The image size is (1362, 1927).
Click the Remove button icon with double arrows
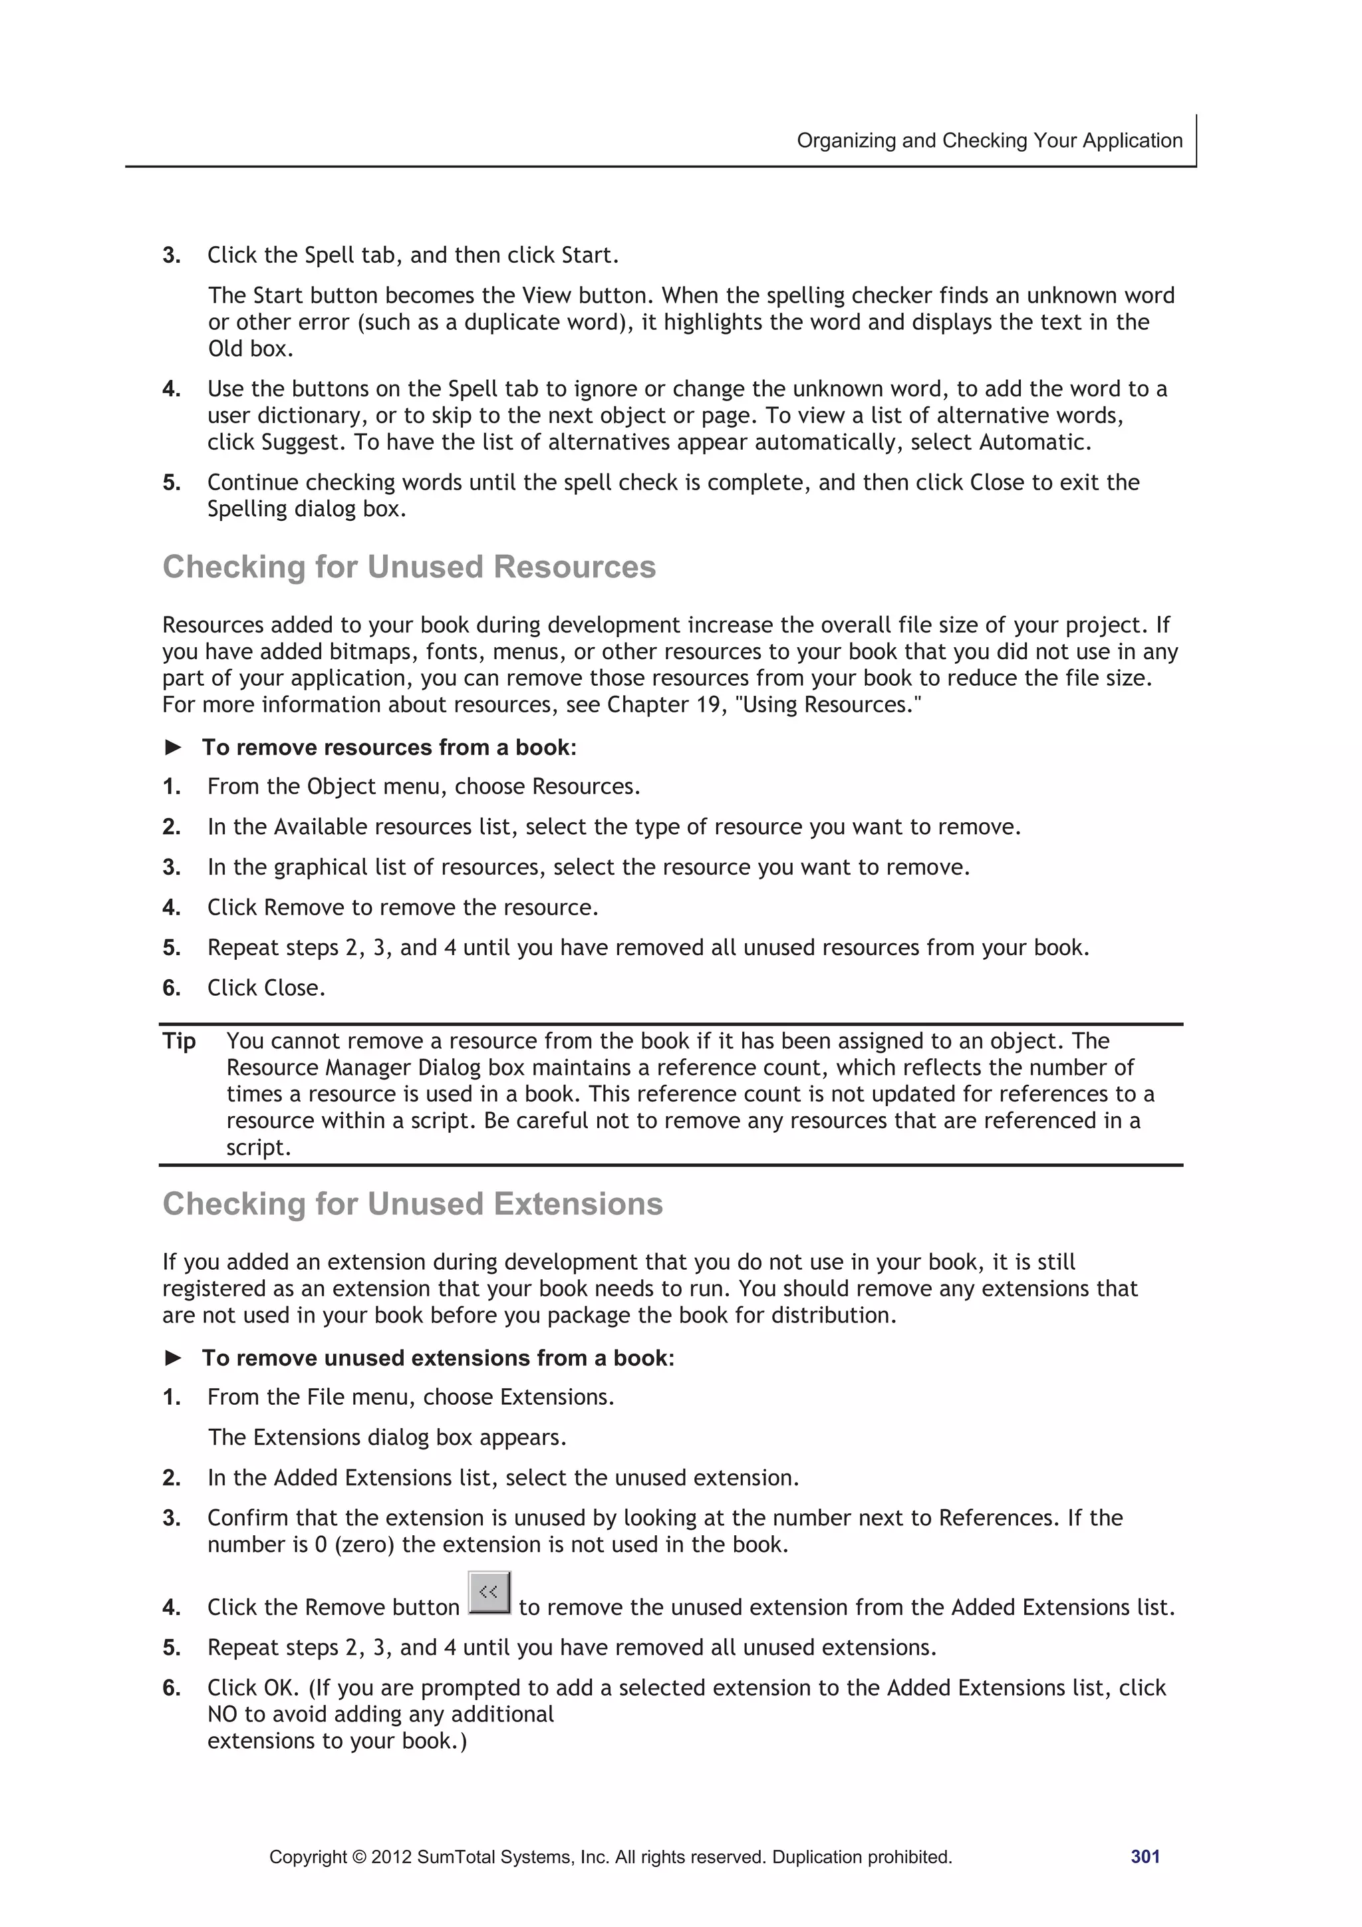tap(489, 1592)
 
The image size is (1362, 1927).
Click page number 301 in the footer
tap(1145, 1856)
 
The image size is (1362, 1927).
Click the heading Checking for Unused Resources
tap(409, 567)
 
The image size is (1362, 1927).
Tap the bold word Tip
tap(179, 1041)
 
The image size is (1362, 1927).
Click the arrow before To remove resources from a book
tap(173, 747)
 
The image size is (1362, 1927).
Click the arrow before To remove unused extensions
tap(173, 1358)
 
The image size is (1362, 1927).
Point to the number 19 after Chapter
tap(708, 705)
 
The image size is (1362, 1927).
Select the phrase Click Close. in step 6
tap(266, 988)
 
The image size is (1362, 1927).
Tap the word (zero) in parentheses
tap(363, 1545)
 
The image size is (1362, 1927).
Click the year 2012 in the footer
tap(391, 1857)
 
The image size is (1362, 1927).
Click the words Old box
tap(250, 349)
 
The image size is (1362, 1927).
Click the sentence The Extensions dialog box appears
tap(387, 1437)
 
